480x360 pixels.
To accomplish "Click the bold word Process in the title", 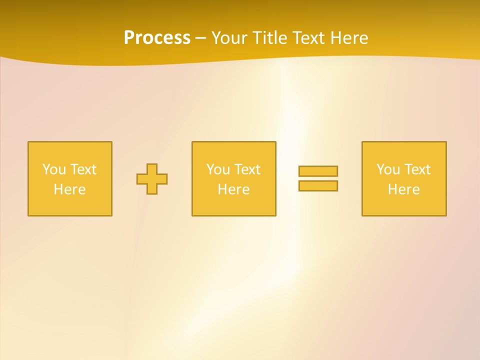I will tap(157, 38).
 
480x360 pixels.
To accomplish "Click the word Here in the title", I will tap(349, 38).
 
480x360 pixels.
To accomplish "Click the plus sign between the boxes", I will tap(152, 179).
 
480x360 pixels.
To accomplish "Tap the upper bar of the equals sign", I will tap(318, 171).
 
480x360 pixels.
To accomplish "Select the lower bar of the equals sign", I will tap(318, 185).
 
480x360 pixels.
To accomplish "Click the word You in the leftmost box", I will tap(54, 169).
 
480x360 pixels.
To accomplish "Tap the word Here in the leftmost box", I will tap(70, 189).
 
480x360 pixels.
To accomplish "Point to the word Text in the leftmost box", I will tap(83, 169).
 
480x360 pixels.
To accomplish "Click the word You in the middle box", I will tap(218, 169).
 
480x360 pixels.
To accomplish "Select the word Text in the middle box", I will tap(247, 169).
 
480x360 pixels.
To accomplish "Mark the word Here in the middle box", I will tap(234, 189).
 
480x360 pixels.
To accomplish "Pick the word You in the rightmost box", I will tap(388, 169).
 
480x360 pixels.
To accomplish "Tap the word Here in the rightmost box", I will tap(404, 189).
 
